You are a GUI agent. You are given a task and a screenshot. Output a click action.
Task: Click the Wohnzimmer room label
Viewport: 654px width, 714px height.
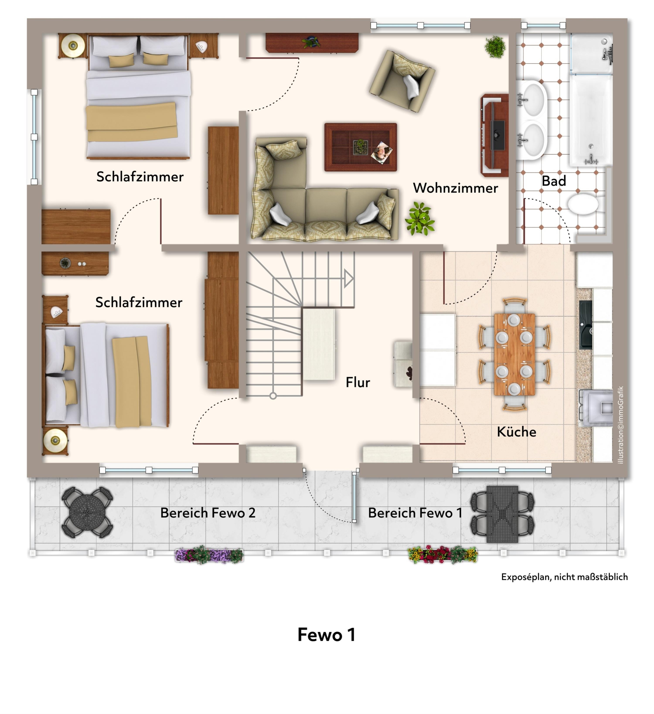click(x=455, y=188)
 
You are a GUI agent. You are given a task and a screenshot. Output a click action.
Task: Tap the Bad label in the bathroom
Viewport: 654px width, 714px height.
click(x=554, y=181)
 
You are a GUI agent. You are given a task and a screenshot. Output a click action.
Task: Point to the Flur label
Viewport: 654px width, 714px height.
click(x=358, y=382)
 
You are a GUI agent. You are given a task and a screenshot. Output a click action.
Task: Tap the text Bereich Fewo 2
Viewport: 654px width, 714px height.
click(x=208, y=513)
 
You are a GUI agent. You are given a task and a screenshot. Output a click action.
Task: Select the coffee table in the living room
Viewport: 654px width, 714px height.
click(x=360, y=147)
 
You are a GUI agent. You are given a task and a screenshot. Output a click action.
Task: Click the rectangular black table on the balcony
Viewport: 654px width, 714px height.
click(x=502, y=514)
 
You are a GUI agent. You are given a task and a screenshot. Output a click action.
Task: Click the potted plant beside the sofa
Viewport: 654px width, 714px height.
click(x=420, y=218)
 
